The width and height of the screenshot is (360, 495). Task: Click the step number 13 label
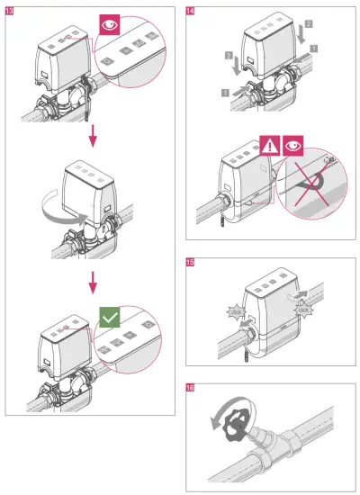tap(10, 10)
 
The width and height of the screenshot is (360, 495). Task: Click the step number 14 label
tap(189, 10)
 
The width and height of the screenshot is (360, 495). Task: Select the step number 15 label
tap(189, 263)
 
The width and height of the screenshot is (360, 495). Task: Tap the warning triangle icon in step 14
tap(271, 142)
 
